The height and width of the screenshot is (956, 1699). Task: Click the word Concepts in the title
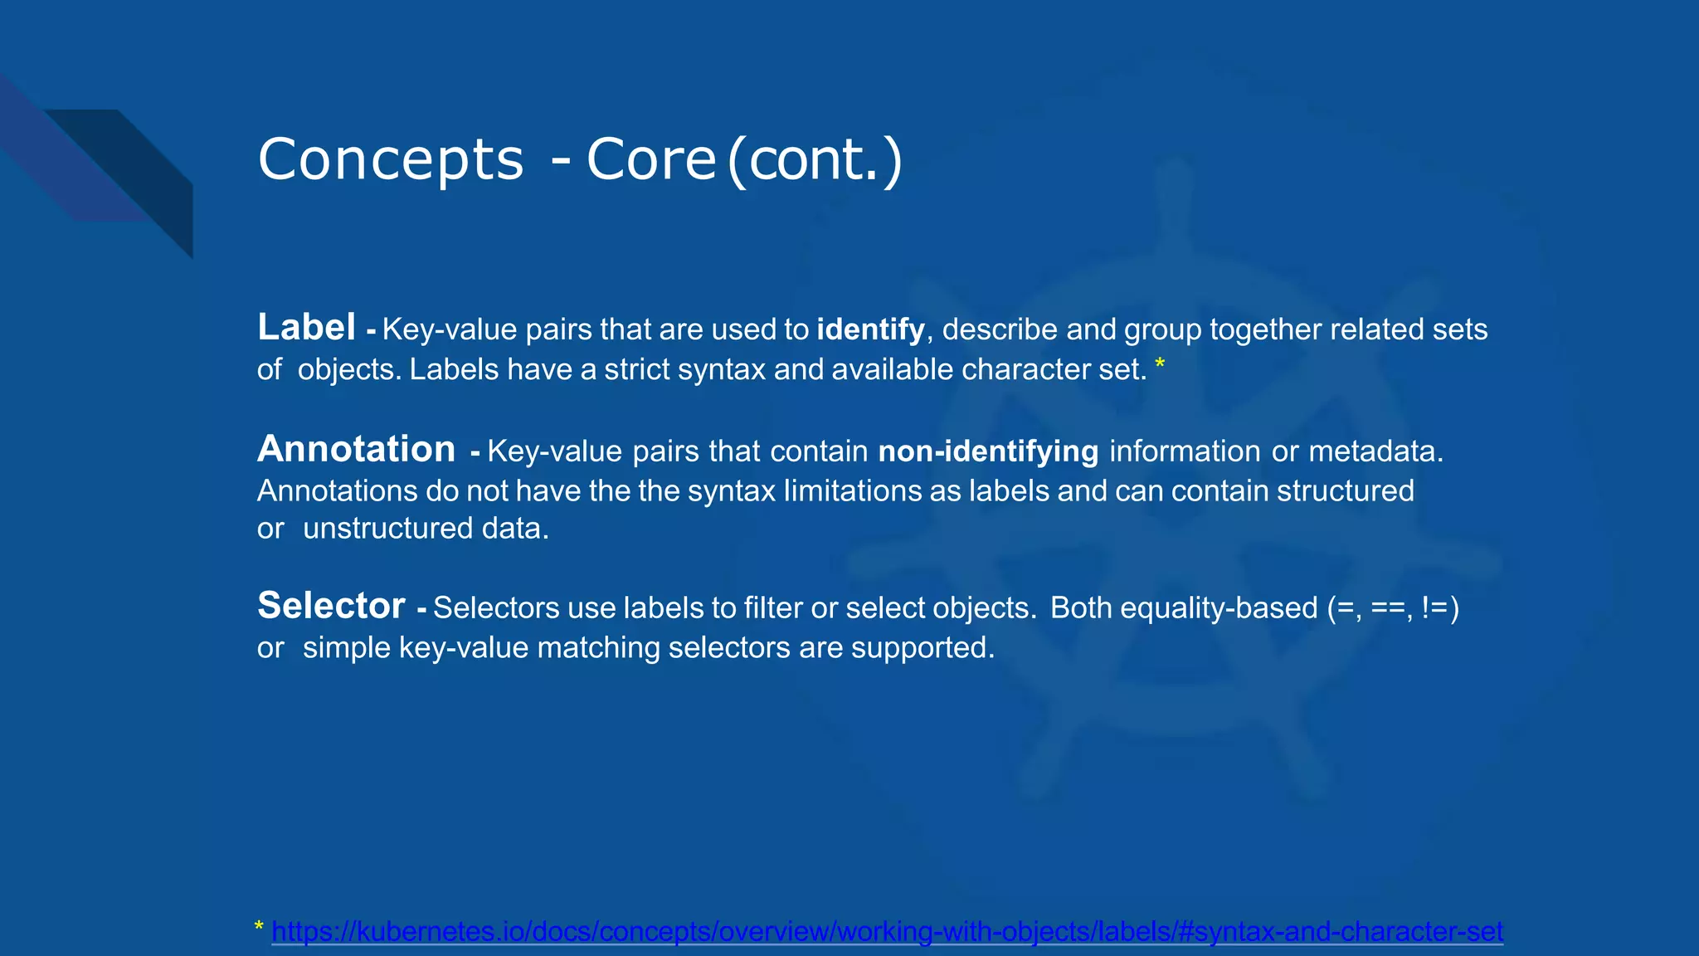point(391,159)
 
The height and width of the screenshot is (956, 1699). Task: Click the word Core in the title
point(651,159)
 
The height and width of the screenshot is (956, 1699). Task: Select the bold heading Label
point(306,327)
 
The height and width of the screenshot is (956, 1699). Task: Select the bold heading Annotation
point(357,449)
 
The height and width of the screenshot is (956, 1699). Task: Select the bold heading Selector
point(331,605)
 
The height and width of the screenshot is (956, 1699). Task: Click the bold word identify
point(870,329)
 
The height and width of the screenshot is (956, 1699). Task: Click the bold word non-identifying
point(988,451)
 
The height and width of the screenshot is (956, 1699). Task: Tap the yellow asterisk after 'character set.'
point(1160,364)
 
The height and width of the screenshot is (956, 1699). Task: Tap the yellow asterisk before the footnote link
point(259,927)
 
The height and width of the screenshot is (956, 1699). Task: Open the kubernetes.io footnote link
point(887,932)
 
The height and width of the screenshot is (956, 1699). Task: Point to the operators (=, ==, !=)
point(1393,608)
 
